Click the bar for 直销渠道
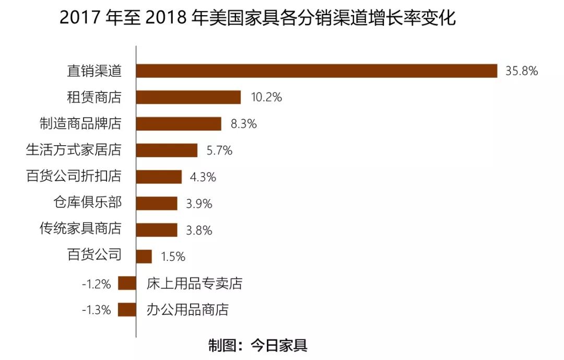point(316,71)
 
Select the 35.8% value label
point(521,71)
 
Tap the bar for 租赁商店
point(189,97)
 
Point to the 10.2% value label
point(266,97)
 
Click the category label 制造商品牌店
point(81,124)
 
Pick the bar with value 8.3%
point(179,124)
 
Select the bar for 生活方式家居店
point(167,150)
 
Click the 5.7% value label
point(219,150)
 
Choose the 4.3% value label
point(203,177)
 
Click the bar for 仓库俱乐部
point(157,203)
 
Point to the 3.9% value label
point(199,204)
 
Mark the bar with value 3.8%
point(157,230)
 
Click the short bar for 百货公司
point(144,257)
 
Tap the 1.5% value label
point(173,257)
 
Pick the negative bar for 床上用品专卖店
point(127,283)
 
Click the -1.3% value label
point(97,310)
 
